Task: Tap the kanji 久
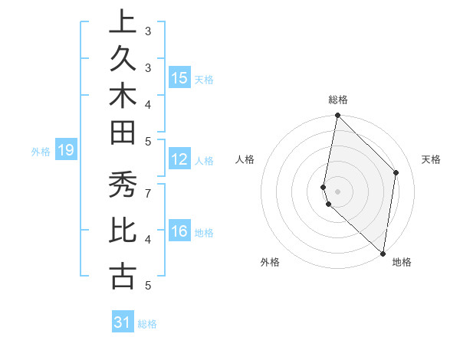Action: tap(122, 61)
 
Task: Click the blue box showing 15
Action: tap(179, 78)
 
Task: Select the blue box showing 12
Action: tap(179, 159)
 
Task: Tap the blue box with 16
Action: tap(179, 231)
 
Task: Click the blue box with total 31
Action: tap(123, 322)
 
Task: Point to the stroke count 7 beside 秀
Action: tap(148, 192)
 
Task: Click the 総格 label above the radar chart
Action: tap(338, 100)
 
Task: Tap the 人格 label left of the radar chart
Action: tap(245, 159)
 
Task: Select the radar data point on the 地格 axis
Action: tap(383, 254)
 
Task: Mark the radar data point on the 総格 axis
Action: tap(337, 116)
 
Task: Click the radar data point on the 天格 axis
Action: tap(396, 172)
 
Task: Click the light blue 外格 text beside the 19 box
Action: tap(41, 152)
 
